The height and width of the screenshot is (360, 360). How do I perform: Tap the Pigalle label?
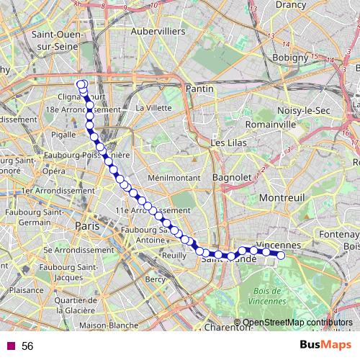64,134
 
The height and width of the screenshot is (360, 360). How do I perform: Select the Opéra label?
53,171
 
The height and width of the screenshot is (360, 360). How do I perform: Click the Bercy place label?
155,279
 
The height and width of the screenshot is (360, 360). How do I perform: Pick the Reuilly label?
174,255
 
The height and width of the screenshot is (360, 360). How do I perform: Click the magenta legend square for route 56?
9,346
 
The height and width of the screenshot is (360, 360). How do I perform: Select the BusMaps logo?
326,346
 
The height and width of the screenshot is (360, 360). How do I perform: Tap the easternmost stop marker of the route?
281,255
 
